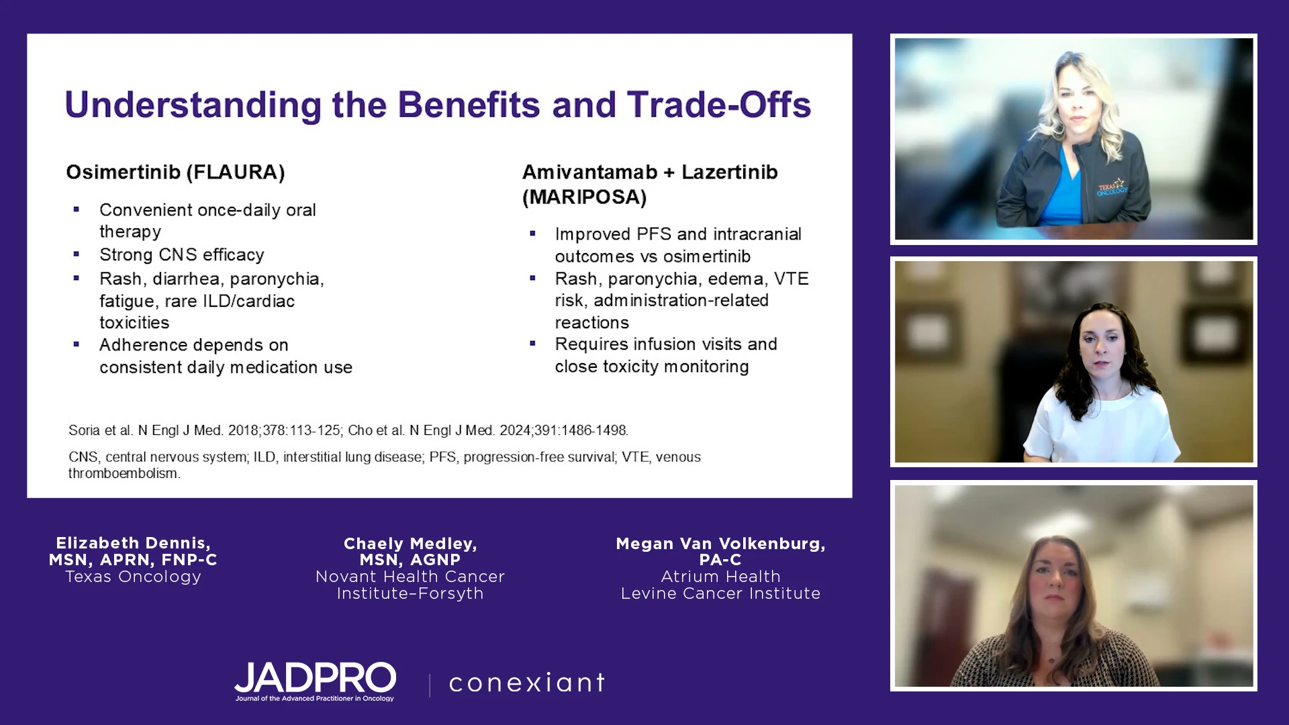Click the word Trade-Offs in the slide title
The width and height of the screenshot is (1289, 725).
click(719, 105)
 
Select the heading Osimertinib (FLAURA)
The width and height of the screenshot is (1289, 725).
click(175, 173)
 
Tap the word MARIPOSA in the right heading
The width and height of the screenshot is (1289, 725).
click(585, 197)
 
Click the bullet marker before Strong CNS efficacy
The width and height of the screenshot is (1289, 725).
click(77, 254)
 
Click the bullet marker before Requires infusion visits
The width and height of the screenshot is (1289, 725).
click(532, 344)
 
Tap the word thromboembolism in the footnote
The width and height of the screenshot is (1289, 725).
click(124, 473)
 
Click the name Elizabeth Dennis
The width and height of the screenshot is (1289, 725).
click(133, 543)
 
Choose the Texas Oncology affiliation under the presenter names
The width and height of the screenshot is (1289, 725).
click(133, 577)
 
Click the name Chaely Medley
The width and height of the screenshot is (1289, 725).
click(410, 544)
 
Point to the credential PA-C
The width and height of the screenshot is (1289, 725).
click(720, 560)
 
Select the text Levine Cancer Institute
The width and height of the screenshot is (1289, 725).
click(720, 593)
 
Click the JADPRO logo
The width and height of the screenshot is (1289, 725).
click(315, 681)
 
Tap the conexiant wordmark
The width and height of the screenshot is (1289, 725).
click(527, 683)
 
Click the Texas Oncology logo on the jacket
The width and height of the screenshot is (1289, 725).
click(1112, 188)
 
